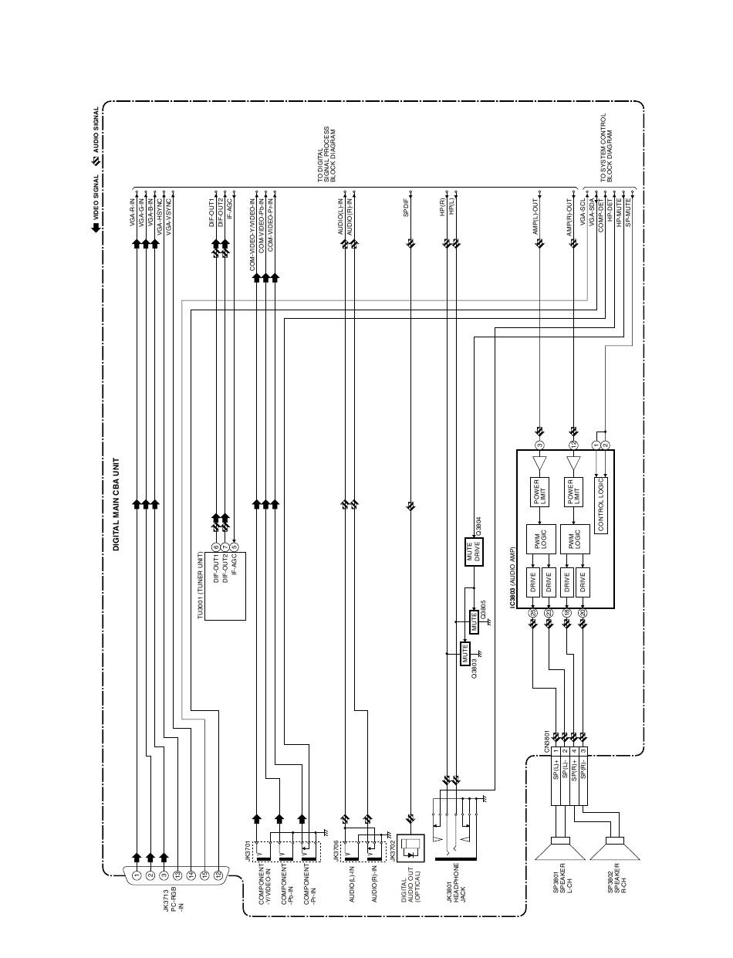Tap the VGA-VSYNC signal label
[169, 215]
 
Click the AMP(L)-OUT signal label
[536, 219]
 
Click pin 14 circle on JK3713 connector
[191, 875]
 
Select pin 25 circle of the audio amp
[532, 614]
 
